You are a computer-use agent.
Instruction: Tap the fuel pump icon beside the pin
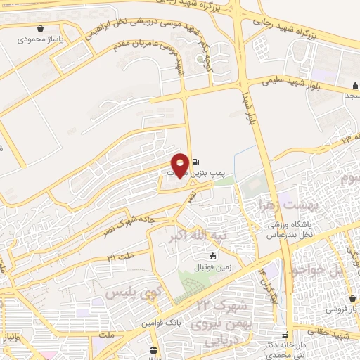pyautogui.click(x=195, y=160)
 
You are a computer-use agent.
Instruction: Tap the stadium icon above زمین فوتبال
pyautogui.click(x=213, y=256)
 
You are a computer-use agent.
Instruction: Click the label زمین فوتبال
pyautogui.click(x=212, y=267)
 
